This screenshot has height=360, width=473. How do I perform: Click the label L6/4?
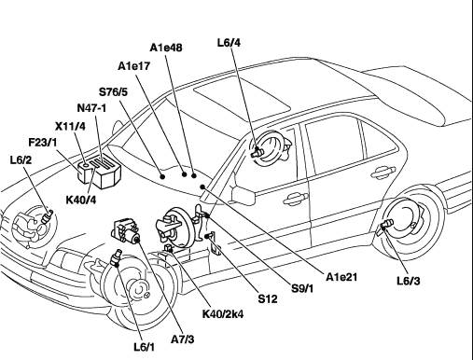point(229,43)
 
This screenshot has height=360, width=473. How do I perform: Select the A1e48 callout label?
point(166,48)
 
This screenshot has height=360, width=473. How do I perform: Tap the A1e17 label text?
point(134,66)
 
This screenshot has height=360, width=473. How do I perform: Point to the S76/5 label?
point(113,92)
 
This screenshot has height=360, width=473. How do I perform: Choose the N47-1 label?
point(91,108)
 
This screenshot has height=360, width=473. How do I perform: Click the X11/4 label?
point(70,127)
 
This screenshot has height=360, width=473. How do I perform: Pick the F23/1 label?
point(43,143)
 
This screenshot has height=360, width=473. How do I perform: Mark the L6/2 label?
point(21,160)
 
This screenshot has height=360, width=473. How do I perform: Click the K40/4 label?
point(81,200)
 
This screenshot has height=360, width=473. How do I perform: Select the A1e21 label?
point(341,277)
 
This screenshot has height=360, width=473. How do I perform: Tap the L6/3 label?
point(409,281)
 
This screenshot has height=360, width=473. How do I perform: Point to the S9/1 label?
point(302,288)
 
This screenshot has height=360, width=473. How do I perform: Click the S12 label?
point(268,298)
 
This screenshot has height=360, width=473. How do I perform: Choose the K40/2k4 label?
point(223,314)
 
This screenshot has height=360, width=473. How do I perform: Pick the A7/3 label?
point(183,339)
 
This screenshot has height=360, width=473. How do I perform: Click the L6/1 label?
point(145,347)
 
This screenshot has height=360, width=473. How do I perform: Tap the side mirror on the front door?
point(243,195)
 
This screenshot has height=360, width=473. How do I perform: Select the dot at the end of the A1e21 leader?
point(202,187)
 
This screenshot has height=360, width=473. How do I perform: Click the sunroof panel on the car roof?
point(243,96)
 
